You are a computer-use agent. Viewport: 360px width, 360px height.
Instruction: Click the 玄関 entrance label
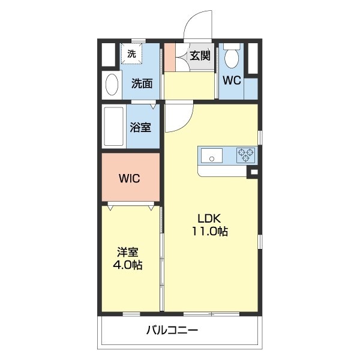(200, 56)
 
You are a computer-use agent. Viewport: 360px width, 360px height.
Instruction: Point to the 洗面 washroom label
(142, 84)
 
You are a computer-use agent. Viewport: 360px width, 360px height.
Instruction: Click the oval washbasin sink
(112, 84)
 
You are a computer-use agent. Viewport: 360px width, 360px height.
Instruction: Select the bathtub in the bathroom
(113, 127)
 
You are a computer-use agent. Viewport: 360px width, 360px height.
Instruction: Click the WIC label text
(129, 178)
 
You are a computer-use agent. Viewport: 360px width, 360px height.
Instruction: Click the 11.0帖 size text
(209, 232)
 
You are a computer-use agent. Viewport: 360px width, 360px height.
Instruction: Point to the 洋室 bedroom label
(128, 251)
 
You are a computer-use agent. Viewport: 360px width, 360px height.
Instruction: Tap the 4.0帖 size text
(129, 265)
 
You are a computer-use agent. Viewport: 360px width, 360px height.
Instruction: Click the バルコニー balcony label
(172, 331)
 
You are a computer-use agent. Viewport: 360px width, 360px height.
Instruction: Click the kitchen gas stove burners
(245, 155)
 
